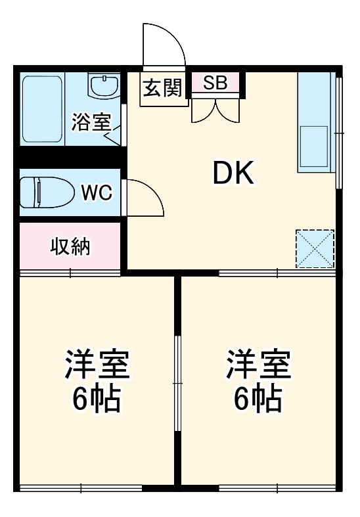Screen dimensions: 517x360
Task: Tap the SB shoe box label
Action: (215, 83)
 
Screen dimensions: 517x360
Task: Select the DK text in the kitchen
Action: (232, 173)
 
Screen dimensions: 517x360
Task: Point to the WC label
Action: (96, 192)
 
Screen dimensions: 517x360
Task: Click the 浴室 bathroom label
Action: (91, 122)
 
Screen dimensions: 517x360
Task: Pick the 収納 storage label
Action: (71, 247)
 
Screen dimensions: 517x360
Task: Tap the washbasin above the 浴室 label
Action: (103, 87)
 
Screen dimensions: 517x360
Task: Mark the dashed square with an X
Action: (315, 249)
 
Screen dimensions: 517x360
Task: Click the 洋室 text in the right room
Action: (258, 365)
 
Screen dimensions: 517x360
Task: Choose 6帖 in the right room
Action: (258, 398)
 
